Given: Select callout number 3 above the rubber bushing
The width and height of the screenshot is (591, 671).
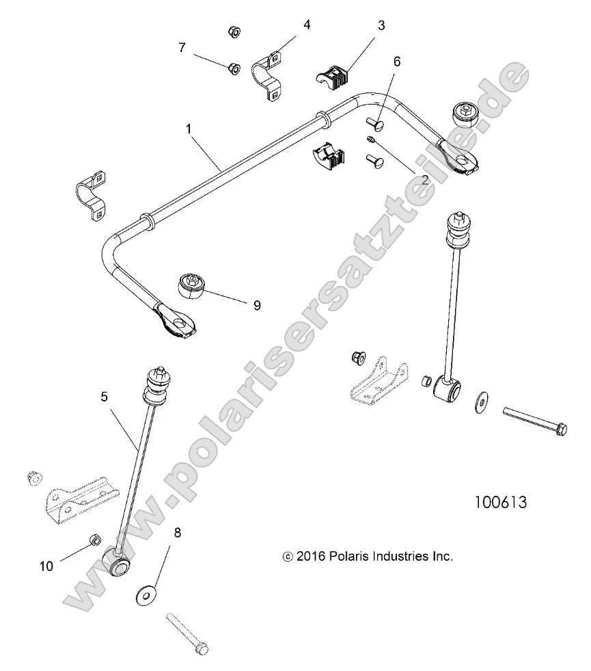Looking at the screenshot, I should point(381,26).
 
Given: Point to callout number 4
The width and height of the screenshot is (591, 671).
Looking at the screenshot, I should point(307,25).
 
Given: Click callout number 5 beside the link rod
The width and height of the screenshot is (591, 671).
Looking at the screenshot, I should point(104,396).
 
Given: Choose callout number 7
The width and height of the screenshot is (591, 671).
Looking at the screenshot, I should point(182,47).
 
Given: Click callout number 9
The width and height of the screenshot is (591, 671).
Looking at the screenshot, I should point(257,305).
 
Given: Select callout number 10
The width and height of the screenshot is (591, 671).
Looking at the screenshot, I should point(46,566).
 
